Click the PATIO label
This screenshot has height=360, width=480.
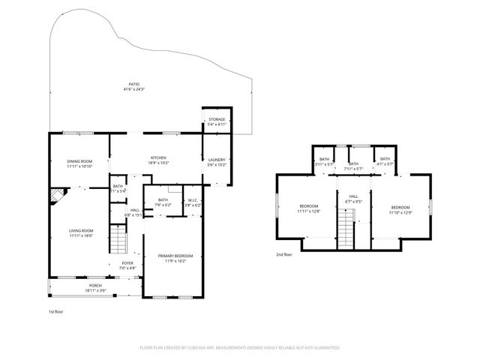[x=133, y=84]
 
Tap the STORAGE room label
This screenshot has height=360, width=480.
[x=217, y=119]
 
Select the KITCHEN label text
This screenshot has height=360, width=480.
[x=158, y=157]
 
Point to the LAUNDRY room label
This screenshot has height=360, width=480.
[x=217, y=159]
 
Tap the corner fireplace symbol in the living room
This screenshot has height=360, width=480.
[x=55, y=196]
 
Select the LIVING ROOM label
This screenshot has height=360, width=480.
[x=81, y=230]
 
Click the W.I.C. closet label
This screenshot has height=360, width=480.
[x=193, y=199]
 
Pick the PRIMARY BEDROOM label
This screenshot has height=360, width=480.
[x=175, y=256]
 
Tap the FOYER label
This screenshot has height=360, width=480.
[x=127, y=263]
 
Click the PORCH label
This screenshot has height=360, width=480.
[x=95, y=286]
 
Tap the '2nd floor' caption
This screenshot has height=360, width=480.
[x=284, y=255]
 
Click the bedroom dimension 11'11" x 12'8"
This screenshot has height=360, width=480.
[x=309, y=211]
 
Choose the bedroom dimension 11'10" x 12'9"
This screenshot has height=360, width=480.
[x=400, y=212]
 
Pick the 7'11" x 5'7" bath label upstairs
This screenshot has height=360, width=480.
[x=353, y=169]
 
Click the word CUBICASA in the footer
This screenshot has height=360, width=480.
[x=215, y=348]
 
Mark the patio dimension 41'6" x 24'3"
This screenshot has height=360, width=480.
[x=133, y=89]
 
